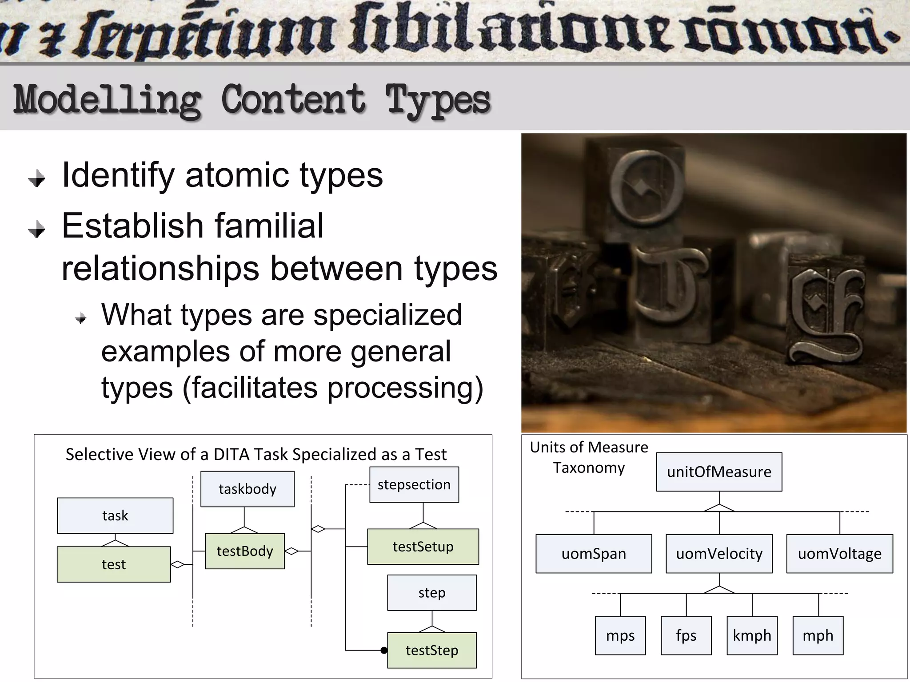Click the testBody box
245,551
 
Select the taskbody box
247,489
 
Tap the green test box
114,564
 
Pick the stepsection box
414,484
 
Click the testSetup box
423,547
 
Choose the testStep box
432,650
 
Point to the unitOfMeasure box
719,472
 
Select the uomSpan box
594,554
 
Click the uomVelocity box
719,554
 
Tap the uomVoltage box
839,554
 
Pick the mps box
620,635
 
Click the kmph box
752,635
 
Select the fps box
686,635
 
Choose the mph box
818,635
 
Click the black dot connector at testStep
384,650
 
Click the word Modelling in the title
107,100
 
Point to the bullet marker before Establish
36,230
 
